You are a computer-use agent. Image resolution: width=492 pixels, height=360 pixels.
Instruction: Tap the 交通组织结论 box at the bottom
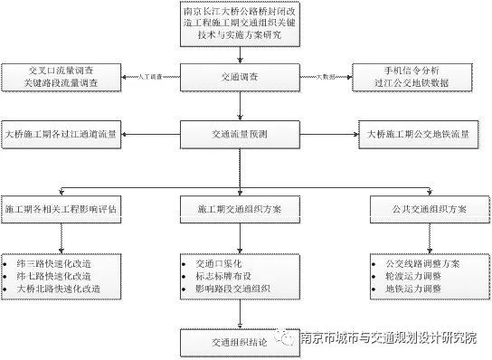point(240,341)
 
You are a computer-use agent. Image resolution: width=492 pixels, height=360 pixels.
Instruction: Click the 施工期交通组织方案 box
point(240,208)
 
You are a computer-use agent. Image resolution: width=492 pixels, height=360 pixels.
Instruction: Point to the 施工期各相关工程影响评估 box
point(61,208)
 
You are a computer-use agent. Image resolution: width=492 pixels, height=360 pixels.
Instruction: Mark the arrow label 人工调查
point(150,78)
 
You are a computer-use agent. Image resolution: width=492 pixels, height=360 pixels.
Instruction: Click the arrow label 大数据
point(325,78)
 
